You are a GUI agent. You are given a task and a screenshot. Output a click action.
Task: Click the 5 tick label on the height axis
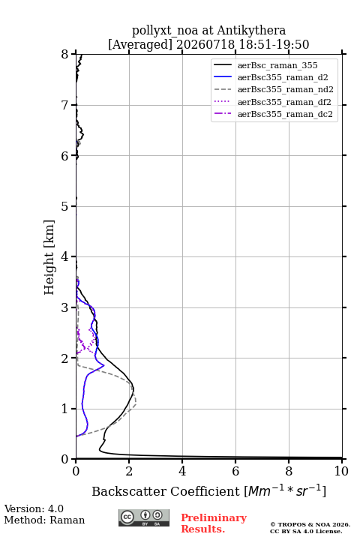tap(65, 206)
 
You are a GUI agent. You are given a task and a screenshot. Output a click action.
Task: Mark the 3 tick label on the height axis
tap(65, 307)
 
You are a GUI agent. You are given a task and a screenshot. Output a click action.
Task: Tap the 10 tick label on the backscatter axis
tap(341, 471)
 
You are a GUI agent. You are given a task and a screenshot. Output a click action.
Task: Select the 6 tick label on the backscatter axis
tap(235, 471)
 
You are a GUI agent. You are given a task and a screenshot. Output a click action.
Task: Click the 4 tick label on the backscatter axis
tap(182, 471)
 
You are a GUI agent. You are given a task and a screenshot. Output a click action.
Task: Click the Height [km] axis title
tap(49, 257)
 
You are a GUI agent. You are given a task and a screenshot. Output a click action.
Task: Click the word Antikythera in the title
tap(251, 30)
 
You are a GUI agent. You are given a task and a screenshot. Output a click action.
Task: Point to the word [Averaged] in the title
tap(139, 45)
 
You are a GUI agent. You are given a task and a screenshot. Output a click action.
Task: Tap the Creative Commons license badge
tap(144, 517)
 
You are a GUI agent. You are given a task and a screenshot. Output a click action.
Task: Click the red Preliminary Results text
tap(214, 523)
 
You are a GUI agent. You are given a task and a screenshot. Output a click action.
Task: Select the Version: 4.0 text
tap(34, 508)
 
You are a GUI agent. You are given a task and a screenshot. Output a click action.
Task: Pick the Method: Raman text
tap(44, 520)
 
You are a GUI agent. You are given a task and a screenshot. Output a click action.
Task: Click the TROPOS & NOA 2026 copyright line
tap(310, 524)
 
